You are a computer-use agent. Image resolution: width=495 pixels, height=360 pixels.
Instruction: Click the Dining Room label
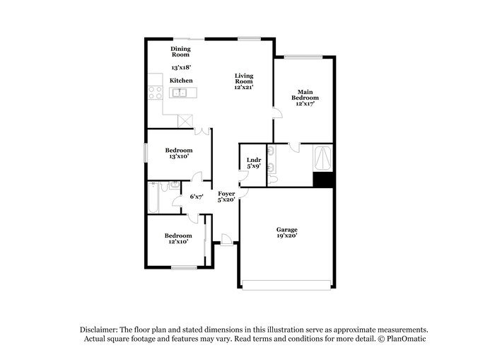tap(180, 52)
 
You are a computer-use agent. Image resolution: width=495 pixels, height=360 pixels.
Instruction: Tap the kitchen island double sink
tap(179, 93)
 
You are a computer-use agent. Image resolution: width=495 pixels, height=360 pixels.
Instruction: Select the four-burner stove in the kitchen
tap(155, 93)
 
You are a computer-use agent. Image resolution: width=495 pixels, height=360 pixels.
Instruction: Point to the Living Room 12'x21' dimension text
tap(244, 87)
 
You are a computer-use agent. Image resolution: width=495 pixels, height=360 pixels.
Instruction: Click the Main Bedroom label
tap(305, 95)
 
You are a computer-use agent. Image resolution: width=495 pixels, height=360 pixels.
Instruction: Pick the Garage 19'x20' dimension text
tap(287, 236)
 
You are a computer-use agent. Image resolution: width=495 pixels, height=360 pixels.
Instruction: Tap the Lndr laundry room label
tap(254, 160)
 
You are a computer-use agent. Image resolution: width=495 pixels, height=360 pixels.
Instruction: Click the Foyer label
tap(226, 194)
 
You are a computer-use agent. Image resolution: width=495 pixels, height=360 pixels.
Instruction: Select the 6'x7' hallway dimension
tap(197, 197)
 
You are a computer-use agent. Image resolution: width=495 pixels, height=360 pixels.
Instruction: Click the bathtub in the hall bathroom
tap(153, 198)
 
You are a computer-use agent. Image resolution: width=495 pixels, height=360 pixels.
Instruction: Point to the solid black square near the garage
tap(323, 180)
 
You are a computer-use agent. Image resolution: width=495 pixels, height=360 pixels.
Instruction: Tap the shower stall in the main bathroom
tap(323, 158)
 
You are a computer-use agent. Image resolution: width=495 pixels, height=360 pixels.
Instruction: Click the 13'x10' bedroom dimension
tap(179, 156)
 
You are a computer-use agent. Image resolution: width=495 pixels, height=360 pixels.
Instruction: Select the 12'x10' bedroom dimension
tap(178, 242)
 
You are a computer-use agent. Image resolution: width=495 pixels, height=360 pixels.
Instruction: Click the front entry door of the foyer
tap(227, 239)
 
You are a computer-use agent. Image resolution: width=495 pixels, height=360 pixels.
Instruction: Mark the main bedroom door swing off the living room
tap(277, 113)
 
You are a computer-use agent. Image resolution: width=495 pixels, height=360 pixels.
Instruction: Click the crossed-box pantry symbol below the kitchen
tap(185, 121)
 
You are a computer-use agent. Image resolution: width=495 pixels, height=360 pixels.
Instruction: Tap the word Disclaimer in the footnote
tap(99, 330)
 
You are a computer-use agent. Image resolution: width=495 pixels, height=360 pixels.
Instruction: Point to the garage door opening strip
tap(286, 285)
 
